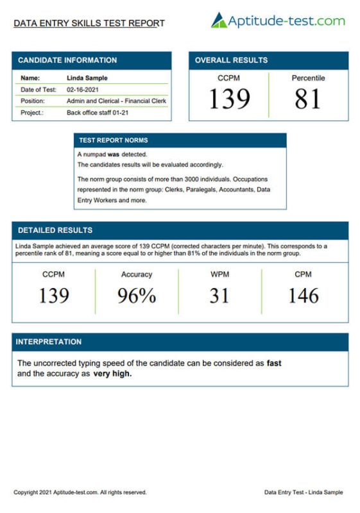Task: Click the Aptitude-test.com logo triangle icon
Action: (x=219, y=20)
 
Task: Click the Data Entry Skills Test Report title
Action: (x=89, y=24)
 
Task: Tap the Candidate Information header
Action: (x=67, y=60)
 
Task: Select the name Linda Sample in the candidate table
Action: (x=88, y=78)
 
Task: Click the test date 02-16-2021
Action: (x=81, y=90)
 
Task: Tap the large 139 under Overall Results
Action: (x=229, y=99)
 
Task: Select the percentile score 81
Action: (x=308, y=99)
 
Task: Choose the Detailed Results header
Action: (x=55, y=230)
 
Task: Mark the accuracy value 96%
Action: (x=137, y=296)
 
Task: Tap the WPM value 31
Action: (x=219, y=296)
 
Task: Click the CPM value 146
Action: (x=303, y=296)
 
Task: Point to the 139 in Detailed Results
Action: (x=53, y=296)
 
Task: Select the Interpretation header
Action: (x=49, y=342)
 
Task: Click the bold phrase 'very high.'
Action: (x=112, y=374)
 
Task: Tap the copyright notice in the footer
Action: (x=80, y=492)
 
